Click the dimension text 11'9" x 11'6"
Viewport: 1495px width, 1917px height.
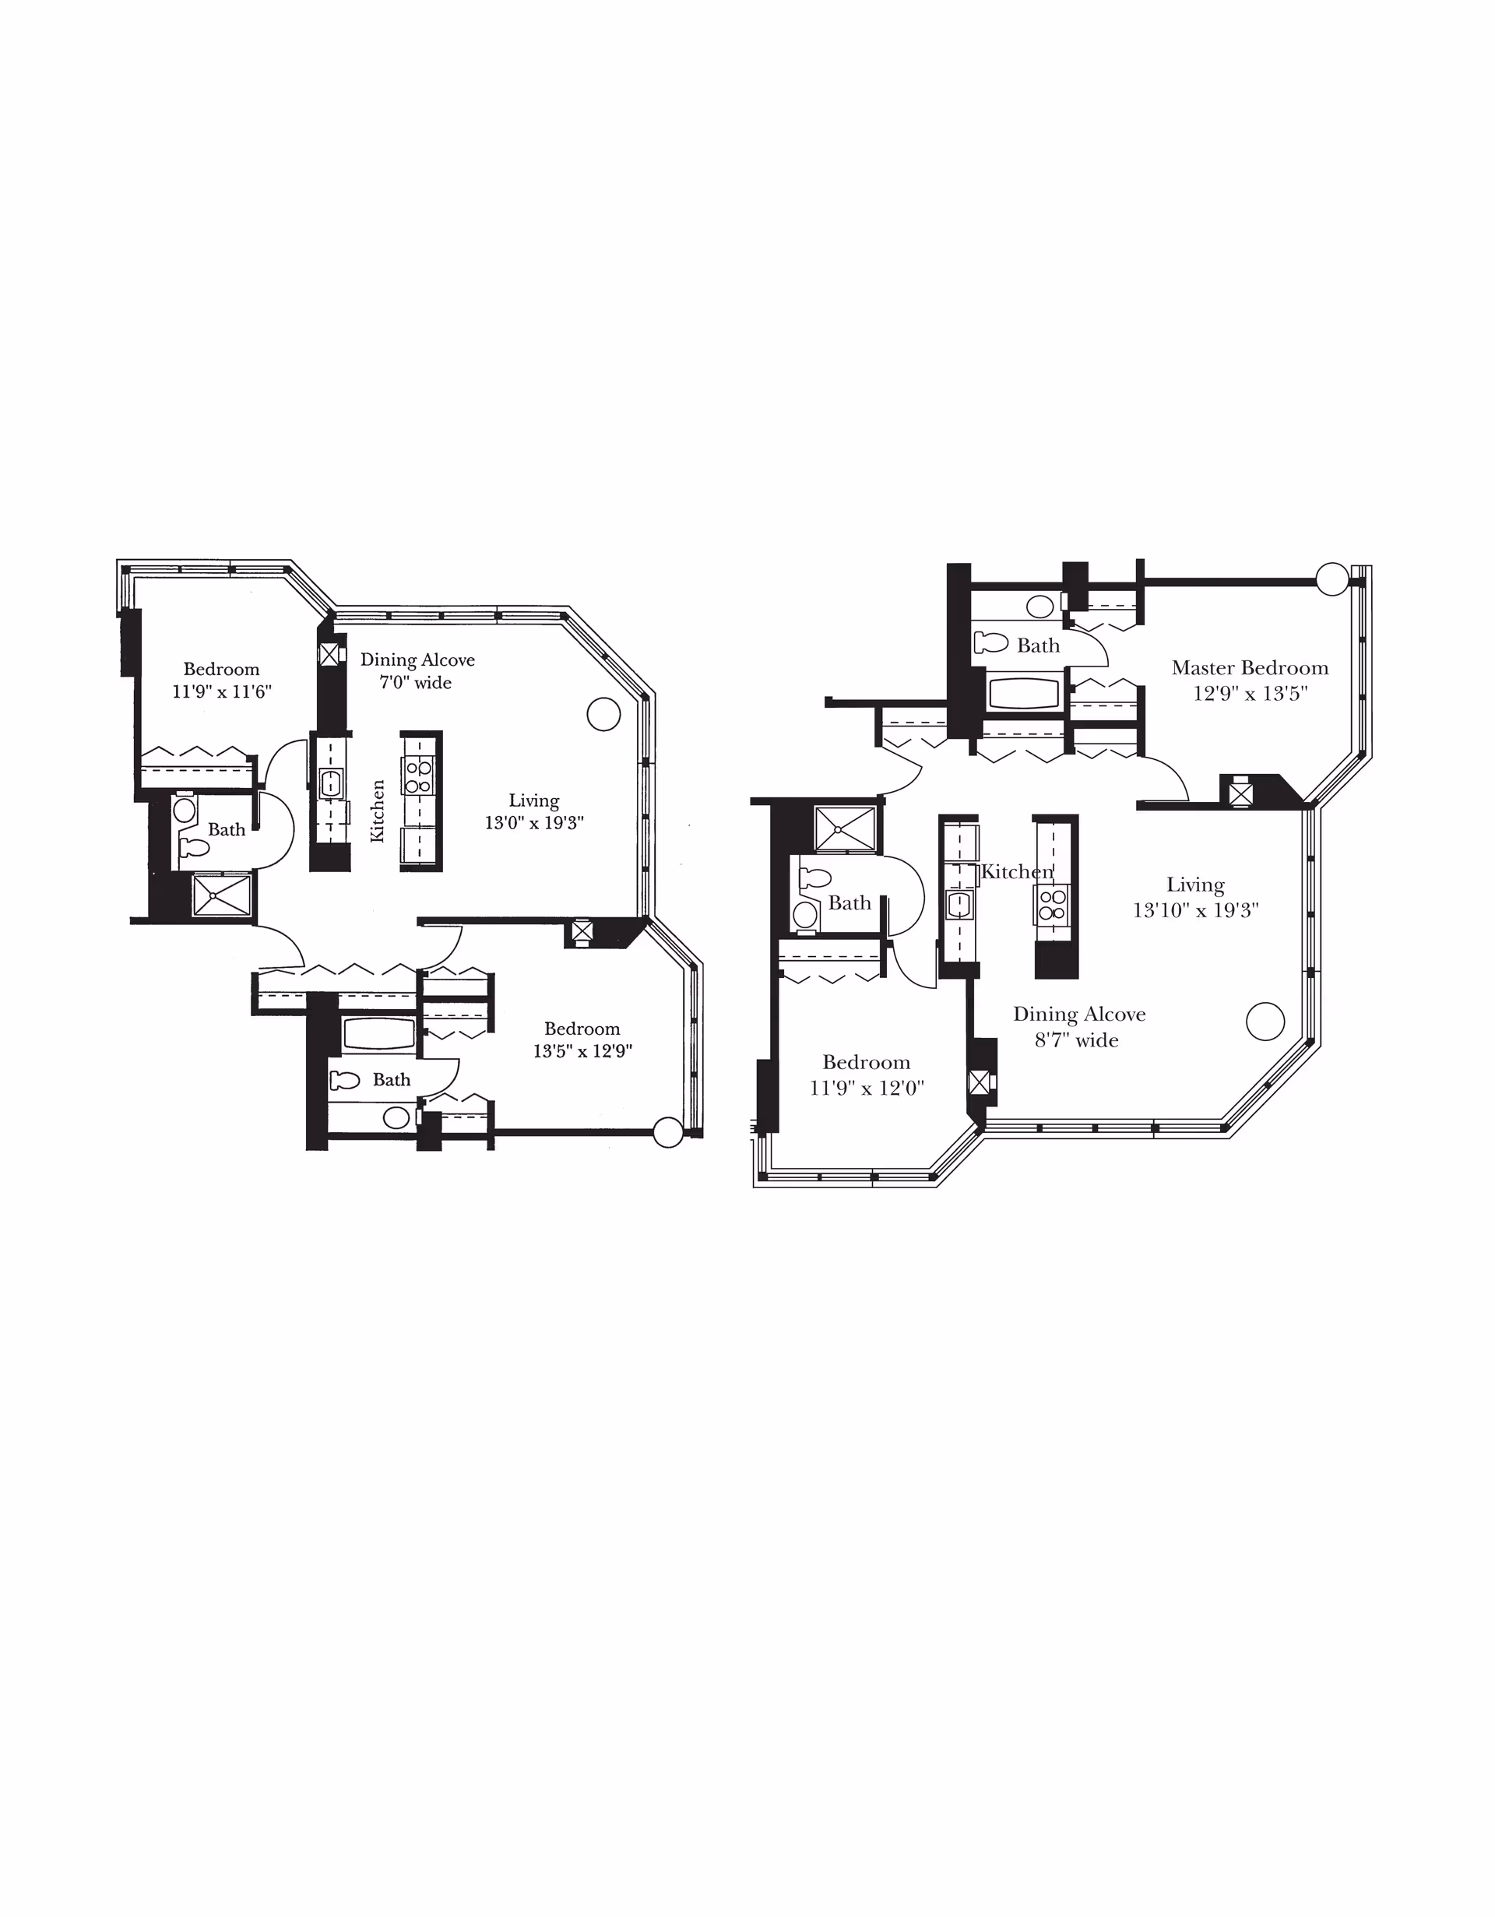221,691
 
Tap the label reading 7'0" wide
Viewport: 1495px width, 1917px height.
415,683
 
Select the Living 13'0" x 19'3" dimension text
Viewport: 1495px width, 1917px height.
533,812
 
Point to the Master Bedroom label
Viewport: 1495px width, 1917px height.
1250,668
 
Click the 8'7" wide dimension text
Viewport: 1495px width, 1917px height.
1076,1040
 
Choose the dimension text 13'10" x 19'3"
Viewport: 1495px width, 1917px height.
1196,910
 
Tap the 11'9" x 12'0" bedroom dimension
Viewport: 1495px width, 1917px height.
867,1089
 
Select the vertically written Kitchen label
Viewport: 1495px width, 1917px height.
378,811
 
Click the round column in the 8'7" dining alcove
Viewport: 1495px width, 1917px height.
1265,1021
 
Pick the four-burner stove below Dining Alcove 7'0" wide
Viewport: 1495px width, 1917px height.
419,777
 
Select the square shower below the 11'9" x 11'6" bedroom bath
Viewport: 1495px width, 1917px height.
222,896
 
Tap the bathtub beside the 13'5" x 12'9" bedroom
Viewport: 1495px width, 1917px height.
378,1034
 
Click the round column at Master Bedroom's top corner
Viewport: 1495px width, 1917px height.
1332,579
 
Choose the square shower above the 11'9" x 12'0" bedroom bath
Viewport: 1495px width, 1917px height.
846,828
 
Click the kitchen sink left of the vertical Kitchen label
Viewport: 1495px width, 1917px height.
330,783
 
